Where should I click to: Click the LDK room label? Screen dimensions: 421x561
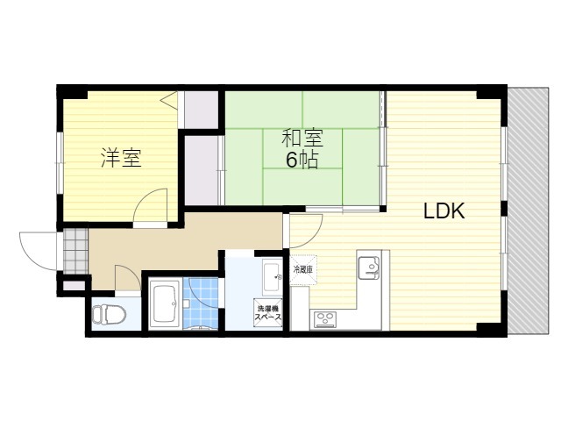[444, 211]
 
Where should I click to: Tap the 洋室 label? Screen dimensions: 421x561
[121, 159]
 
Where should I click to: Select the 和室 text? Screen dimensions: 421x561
[302, 139]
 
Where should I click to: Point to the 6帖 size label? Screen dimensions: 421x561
[302, 161]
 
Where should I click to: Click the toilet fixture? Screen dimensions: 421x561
[104, 313]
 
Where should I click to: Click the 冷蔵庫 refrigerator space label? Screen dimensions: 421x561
[302, 269]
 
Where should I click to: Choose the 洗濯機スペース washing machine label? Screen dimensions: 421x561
[268, 312]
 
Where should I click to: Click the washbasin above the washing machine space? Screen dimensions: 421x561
[271, 273]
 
